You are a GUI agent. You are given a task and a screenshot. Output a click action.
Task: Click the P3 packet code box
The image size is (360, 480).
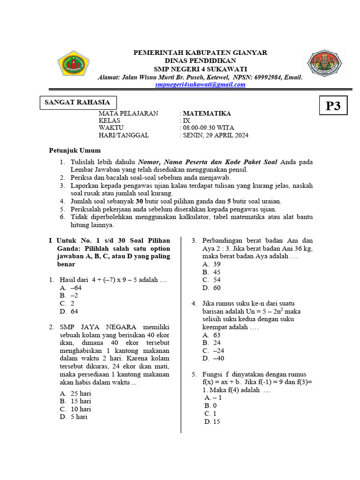tap(333, 106)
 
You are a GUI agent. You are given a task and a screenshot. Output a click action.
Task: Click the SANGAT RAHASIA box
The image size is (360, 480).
tap(77, 102)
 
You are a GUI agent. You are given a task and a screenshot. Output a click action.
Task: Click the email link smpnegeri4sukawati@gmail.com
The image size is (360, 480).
tap(201, 84)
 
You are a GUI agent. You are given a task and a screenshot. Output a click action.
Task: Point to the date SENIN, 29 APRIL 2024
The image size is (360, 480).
tap(216, 135)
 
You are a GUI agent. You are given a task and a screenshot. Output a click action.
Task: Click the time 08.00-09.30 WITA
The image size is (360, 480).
tap(208, 128)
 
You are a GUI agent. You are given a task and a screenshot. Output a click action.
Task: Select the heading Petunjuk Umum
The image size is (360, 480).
tap(75, 150)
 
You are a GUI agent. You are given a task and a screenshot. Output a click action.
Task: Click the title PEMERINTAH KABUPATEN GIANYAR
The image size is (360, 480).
tap(201, 52)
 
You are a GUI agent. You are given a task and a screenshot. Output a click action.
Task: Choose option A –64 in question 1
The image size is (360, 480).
tap(71, 288)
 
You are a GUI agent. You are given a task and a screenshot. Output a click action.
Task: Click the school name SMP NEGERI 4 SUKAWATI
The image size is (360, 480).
tap(201, 68)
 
